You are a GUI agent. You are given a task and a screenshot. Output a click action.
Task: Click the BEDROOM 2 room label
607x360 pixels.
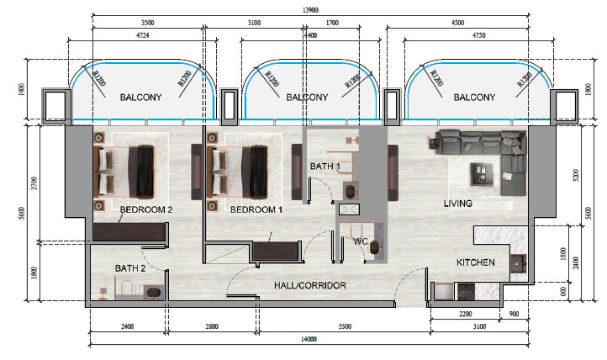146,209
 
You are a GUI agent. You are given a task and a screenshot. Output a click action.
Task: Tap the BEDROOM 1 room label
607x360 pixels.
256,209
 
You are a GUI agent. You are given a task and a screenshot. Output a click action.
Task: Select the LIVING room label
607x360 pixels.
458,204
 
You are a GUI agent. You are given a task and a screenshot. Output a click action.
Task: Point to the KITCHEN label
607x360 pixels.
475,262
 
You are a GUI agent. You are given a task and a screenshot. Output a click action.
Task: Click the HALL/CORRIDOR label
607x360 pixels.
310,286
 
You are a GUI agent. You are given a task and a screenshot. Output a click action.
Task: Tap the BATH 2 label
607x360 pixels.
130,268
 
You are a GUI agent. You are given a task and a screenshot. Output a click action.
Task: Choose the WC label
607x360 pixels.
361,241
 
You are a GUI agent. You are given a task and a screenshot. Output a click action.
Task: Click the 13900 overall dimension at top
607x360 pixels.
310,10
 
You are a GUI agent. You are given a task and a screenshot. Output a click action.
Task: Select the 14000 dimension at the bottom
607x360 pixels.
309,339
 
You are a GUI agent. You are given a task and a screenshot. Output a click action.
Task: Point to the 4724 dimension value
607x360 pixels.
143,35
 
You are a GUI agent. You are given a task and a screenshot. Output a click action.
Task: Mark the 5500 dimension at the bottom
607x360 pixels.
345,326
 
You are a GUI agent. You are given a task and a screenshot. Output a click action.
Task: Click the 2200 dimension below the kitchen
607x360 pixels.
465,314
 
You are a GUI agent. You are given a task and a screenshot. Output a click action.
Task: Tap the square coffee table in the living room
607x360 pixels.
482,174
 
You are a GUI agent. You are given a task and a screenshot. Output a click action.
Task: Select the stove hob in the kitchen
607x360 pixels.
466,292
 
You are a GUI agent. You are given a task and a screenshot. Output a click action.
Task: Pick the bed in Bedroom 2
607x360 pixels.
124,171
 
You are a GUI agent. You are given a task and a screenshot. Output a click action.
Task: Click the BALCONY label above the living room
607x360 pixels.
474,98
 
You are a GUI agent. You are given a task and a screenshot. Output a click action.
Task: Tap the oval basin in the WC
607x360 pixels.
374,247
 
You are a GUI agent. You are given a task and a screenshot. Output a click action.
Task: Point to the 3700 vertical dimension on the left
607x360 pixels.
34,183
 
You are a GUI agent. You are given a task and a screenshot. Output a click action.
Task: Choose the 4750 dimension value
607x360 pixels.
478,35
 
